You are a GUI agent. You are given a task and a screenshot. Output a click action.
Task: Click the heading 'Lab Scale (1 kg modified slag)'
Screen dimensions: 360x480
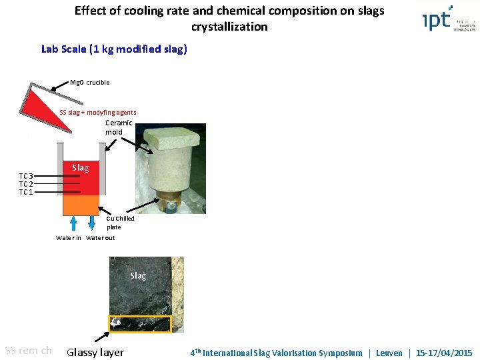114,49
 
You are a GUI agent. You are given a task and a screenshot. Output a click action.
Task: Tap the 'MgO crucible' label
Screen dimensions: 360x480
90,83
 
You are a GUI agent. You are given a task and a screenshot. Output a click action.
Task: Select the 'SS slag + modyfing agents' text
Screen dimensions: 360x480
97,112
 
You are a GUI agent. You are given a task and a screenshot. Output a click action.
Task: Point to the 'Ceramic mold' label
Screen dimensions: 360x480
119,127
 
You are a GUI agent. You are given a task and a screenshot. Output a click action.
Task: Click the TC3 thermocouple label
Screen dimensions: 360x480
26,176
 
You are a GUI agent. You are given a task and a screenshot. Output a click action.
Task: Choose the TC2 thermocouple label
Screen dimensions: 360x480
26,184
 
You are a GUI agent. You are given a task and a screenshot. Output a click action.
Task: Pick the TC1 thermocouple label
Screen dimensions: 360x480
26,192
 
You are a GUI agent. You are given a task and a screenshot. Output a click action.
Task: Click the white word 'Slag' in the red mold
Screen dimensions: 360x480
80,168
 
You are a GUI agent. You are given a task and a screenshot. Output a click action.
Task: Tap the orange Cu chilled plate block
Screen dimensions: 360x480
81,205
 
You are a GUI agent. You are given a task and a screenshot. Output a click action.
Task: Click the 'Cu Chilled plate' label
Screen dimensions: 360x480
120,223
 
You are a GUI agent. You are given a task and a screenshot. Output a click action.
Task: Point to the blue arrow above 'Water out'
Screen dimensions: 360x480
91,223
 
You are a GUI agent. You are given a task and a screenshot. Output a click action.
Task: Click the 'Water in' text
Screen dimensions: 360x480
69,238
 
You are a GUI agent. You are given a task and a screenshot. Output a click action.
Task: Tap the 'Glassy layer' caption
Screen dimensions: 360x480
95,352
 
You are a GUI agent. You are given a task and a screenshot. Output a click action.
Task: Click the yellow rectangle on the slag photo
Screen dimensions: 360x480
140,324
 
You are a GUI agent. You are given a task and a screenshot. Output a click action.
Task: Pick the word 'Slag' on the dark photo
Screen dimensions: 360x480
138,275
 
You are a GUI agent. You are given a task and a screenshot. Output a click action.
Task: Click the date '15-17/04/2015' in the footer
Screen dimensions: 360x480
443,353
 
